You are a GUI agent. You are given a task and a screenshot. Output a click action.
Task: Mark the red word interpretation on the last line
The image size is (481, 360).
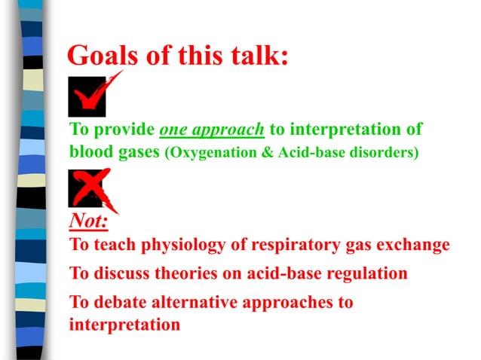pos(124,325)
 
